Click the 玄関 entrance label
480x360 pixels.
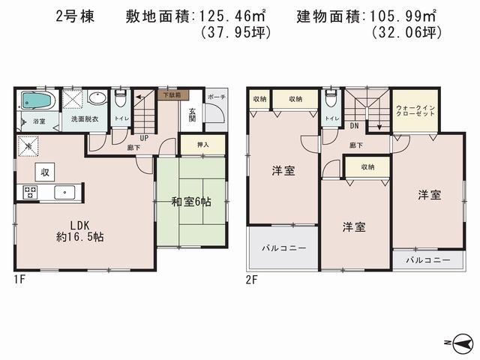(192, 112)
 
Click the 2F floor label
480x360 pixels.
(252, 279)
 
